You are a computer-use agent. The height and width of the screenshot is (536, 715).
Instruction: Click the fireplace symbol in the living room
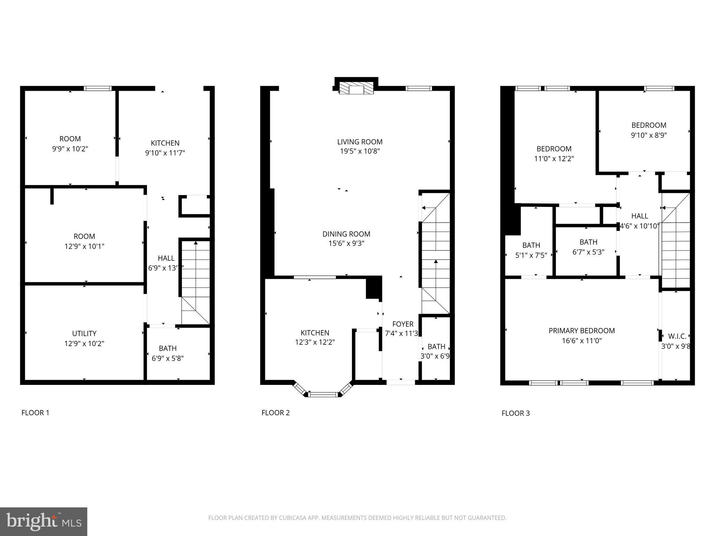tap(356, 89)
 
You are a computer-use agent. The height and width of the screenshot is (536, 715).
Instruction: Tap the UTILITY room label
tap(84, 334)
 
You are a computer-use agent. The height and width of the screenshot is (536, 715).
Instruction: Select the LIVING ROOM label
tap(360, 142)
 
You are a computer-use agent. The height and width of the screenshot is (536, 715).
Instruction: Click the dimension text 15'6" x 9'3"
tap(346, 244)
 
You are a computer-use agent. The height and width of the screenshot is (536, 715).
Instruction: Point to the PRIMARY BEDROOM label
tap(582, 330)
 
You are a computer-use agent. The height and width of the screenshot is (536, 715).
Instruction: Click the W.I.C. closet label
tap(677, 336)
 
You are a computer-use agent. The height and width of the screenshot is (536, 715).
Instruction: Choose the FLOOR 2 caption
tap(275, 413)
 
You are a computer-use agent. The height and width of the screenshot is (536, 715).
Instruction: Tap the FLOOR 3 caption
tap(515, 413)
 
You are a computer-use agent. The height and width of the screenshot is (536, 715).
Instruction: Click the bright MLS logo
tap(44, 521)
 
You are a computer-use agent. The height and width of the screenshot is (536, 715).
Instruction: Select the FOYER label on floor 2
tap(403, 324)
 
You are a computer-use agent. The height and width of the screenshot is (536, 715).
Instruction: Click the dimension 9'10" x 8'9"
tap(649, 135)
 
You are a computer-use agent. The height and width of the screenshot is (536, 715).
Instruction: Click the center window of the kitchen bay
tap(324, 395)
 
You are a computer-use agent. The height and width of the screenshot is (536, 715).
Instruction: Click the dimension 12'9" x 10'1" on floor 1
tap(84, 246)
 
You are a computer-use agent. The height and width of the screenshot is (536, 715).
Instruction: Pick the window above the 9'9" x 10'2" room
tap(98, 88)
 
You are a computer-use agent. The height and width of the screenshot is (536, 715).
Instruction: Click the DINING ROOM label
tap(346, 234)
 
